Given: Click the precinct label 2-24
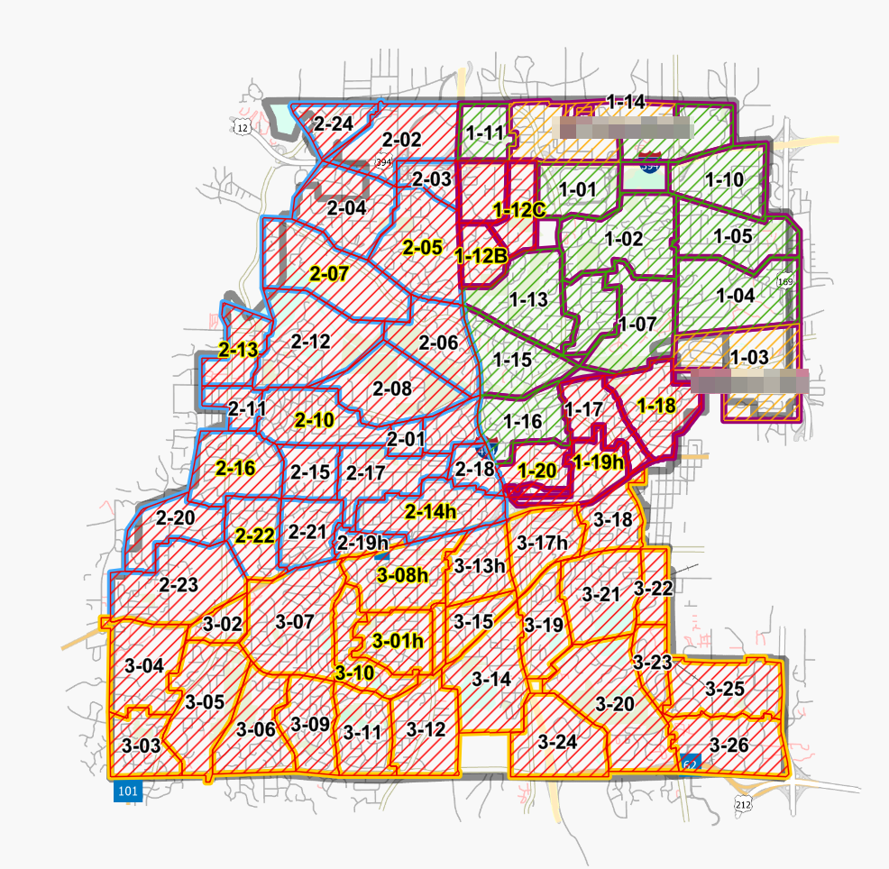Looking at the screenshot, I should (333, 123).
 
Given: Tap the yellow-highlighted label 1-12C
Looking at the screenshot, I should (519, 210).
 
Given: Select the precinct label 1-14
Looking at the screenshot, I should (625, 102).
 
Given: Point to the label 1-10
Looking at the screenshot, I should (724, 179).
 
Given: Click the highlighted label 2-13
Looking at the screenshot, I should (238, 351).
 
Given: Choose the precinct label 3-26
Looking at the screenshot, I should (729, 746).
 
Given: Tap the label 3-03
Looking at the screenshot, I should (141, 746).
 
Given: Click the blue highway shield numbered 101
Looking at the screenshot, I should (128, 791).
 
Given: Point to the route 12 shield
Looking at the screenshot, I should (241, 128).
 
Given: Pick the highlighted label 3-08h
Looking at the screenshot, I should (402, 575).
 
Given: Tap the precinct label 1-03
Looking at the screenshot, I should (749, 357).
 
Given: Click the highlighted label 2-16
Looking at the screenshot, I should (235, 468).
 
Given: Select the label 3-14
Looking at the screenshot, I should (491, 679).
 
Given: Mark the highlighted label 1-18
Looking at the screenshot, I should (655, 406).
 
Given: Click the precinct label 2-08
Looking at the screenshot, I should (392, 389).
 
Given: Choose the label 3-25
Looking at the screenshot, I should (725, 690).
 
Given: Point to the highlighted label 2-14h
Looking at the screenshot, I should (430, 512).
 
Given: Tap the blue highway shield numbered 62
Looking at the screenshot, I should (691, 763).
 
